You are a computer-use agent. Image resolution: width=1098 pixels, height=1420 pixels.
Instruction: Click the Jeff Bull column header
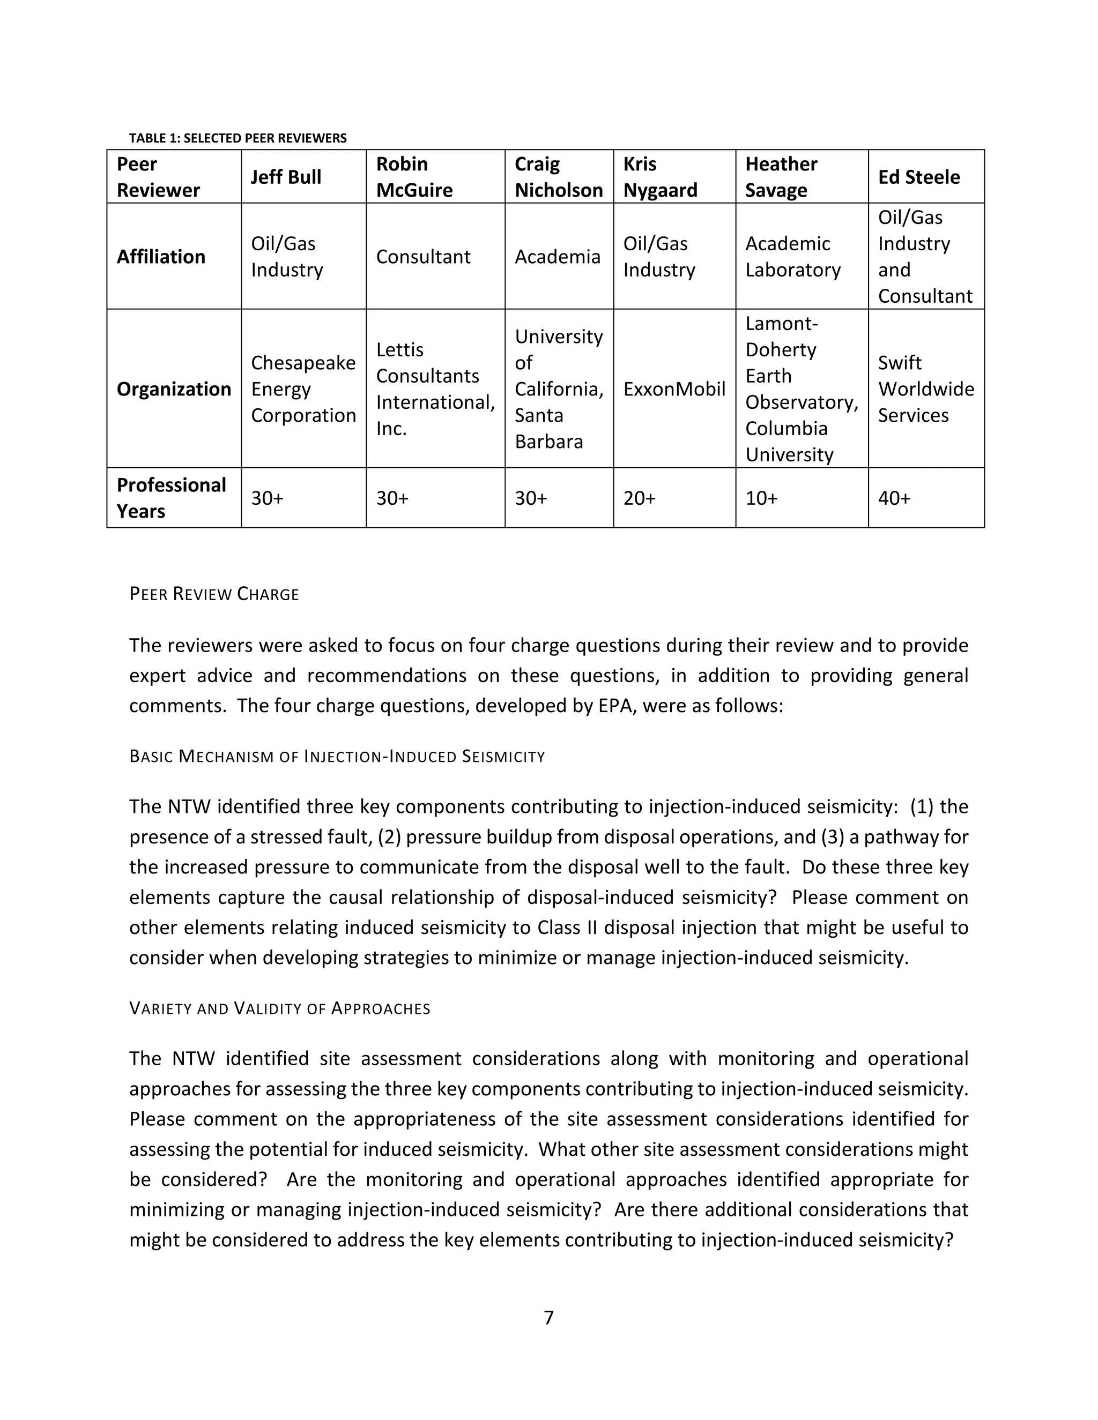286,177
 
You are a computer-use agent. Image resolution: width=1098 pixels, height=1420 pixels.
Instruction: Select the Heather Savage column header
781,177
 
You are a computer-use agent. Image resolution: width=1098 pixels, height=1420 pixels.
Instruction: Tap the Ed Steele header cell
918,177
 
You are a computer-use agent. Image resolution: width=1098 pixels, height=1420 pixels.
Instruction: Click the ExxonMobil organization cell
674,389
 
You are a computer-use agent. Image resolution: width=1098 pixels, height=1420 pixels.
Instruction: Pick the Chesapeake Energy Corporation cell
303,389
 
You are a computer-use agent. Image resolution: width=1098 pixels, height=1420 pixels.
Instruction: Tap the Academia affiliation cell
558,257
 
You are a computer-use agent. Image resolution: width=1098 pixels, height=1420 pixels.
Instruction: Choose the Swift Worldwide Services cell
925,389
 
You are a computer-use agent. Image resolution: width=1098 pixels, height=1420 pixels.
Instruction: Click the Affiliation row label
161,257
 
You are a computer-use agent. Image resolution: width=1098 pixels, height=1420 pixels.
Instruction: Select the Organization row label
174,389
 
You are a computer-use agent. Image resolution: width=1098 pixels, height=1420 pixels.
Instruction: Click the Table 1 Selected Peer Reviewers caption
238,138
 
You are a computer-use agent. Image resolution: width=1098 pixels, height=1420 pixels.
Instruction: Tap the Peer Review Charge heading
214,594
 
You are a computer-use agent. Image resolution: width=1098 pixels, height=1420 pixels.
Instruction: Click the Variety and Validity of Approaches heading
280,1008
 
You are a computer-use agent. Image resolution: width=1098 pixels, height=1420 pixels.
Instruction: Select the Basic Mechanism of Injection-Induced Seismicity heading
337,756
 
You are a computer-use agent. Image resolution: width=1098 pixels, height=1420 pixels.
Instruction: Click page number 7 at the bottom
548,1318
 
